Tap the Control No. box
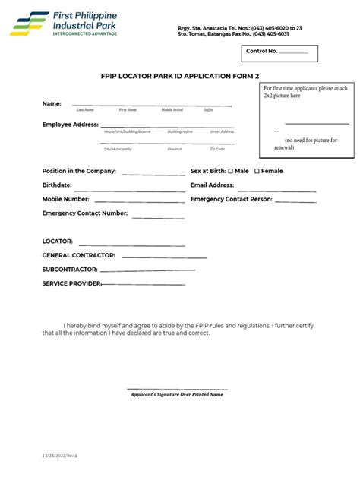(280, 52)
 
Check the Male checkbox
(231, 171)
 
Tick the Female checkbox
(257, 171)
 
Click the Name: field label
(52, 103)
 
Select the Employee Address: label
(70, 124)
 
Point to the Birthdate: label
(57, 185)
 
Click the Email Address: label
(212, 185)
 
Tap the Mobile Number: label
(66, 199)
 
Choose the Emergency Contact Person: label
(231, 199)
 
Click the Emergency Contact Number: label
(84, 213)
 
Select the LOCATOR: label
(58, 241)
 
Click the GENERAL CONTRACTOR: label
(78, 255)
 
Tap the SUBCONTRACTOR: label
(69, 269)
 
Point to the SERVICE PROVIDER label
(71, 283)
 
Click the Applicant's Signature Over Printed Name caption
(178, 394)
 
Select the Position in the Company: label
(79, 171)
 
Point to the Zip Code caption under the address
(217, 149)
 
